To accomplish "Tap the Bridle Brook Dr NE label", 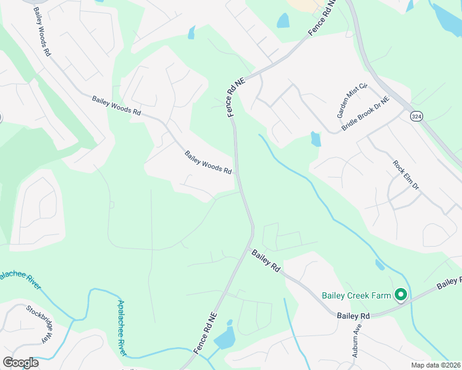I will [366, 113].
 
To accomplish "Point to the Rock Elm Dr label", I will [406, 175].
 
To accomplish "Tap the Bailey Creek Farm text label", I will [356, 295].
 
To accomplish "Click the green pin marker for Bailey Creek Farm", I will [400, 296].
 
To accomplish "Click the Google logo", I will [20, 362].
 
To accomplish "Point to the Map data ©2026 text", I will [435, 365].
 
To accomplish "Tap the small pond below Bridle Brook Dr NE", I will [316, 139].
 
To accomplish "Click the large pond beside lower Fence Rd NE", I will [226, 337].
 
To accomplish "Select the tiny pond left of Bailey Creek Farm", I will [379, 265].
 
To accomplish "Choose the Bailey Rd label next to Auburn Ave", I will [353, 316].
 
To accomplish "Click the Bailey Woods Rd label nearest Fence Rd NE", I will [208, 163].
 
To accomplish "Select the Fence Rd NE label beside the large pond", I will [206, 332].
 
